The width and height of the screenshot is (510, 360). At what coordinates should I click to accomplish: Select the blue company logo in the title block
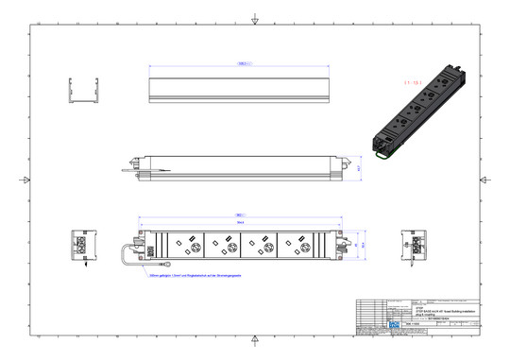click(394, 324)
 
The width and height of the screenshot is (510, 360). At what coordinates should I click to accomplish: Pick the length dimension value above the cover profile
click(243, 64)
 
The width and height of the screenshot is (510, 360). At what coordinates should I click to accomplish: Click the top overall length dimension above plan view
click(240, 213)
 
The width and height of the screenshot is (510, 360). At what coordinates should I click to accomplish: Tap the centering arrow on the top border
click(255, 20)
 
